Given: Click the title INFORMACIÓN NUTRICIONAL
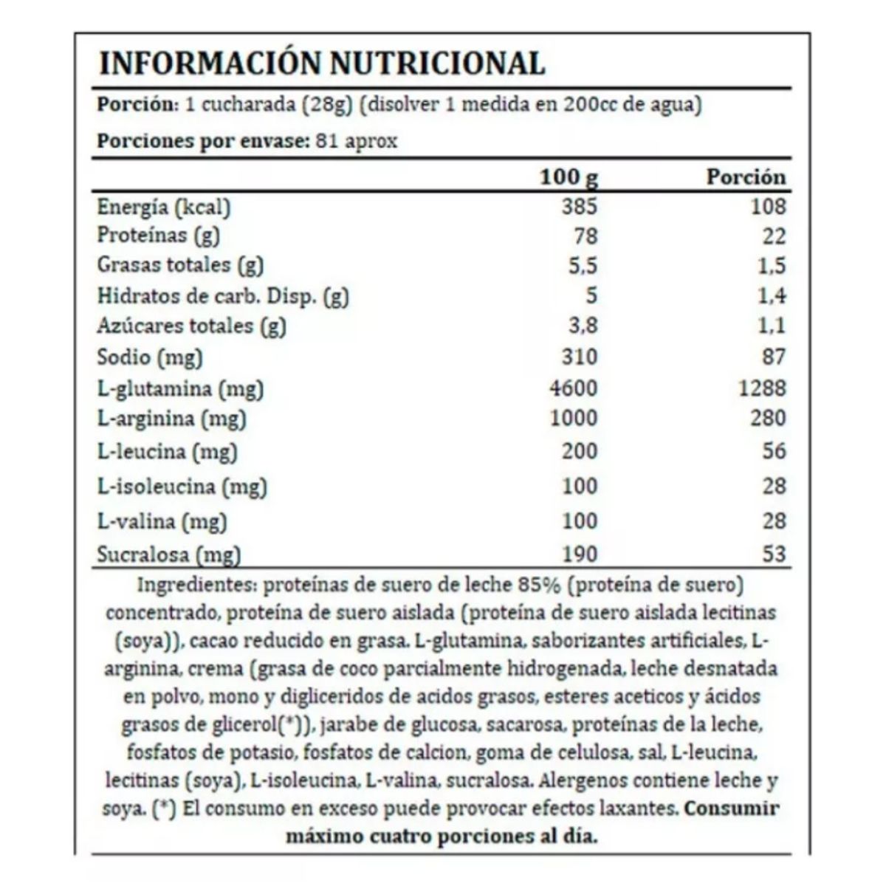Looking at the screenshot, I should coord(322,63).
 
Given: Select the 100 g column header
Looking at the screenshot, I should coord(569,178).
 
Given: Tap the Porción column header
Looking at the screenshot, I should coord(746,178).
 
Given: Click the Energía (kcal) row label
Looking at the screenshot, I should coord(164,207).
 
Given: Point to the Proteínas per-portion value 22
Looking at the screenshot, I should coord(774,236).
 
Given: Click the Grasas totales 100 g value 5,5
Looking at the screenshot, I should coord(582,266).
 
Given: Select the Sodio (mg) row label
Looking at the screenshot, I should coord(150,357).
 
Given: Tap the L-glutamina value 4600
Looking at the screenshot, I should coord(574,388).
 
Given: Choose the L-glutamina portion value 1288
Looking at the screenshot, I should coord(762,388).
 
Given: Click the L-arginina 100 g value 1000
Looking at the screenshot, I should coord(574,418).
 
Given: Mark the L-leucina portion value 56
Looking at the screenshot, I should coord(774,450).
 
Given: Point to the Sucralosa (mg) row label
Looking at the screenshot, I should coord(169,554).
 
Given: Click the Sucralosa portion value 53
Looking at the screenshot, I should coord(774,554).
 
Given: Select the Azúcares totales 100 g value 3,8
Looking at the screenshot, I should coord(582,326).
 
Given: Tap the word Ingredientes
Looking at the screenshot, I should coord(195,585).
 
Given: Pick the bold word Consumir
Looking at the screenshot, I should coord(731,808).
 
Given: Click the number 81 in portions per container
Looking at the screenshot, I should coord(326,140).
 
